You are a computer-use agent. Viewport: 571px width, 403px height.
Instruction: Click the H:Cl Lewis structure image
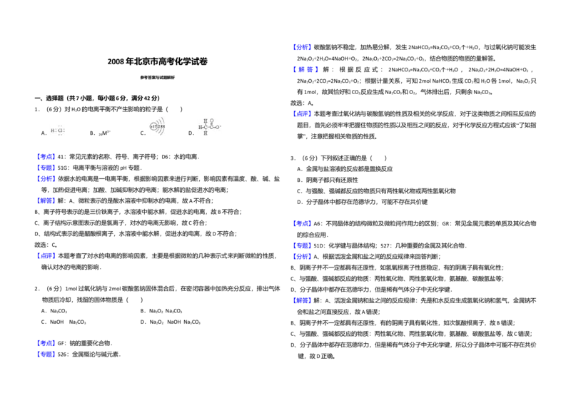tap(57, 128)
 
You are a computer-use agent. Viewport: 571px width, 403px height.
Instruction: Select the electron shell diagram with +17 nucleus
tap(157, 126)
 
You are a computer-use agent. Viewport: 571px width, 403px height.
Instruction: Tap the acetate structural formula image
tap(208, 126)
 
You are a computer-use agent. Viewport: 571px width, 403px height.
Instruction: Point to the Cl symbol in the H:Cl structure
tap(61, 131)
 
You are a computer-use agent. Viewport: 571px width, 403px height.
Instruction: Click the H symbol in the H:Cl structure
tap(53, 131)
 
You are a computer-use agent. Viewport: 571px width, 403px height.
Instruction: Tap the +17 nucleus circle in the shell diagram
tap(152, 126)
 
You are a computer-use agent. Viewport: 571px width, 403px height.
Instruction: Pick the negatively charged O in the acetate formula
tap(218, 127)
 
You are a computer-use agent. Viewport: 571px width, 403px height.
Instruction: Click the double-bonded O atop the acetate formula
tap(212, 121)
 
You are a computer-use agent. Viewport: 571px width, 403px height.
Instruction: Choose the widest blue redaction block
tap(305, 69)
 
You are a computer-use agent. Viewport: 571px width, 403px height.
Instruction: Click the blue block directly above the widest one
tap(302, 46)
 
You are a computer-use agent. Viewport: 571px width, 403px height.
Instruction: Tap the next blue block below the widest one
tap(302, 114)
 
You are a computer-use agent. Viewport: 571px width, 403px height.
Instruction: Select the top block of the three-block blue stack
tap(46, 156)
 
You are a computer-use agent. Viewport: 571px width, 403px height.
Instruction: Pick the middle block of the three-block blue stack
tap(46, 168)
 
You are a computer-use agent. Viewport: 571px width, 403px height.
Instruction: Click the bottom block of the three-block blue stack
tap(46, 178)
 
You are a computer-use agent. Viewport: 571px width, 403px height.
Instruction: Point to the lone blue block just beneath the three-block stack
tap(46, 200)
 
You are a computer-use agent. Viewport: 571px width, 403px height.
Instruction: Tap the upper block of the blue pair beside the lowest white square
tap(46, 343)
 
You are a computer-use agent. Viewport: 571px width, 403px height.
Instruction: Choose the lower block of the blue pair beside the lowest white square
tap(46, 354)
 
